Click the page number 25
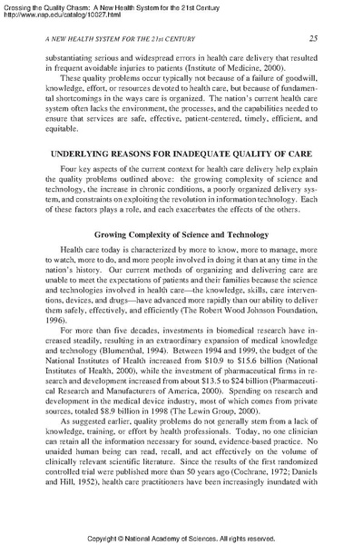[312, 37]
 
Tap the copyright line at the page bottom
[181, 537]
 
